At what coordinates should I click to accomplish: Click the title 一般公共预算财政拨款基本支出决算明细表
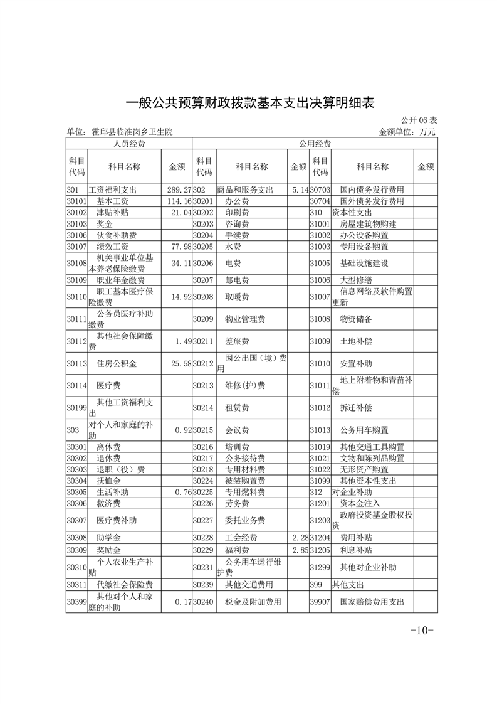(x=250, y=102)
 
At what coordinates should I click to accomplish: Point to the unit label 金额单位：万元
(x=407, y=132)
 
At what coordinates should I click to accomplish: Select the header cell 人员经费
(x=129, y=144)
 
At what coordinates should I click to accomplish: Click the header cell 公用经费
(x=315, y=144)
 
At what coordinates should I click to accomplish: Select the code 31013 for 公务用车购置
(x=320, y=430)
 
